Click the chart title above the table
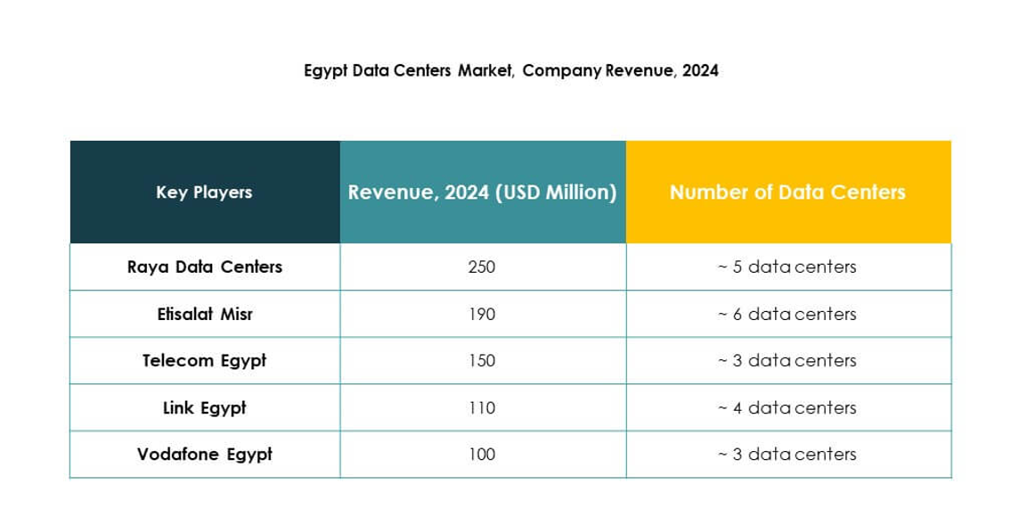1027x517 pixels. click(x=511, y=70)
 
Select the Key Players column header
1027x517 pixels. click(x=204, y=193)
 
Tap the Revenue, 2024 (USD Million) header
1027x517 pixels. click(x=482, y=193)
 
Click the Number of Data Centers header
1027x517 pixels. click(x=787, y=193)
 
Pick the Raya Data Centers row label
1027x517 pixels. click(x=205, y=267)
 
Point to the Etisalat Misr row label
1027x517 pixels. click(x=205, y=314)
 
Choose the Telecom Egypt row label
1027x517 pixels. click(x=205, y=361)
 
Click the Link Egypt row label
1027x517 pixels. click(x=205, y=408)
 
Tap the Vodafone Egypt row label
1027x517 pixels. click(x=205, y=455)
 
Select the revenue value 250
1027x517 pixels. click(x=482, y=267)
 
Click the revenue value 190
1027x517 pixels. click(x=482, y=315)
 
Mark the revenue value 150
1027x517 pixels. click(x=482, y=361)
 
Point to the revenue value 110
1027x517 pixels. click(x=482, y=408)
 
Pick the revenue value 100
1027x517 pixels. click(x=482, y=455)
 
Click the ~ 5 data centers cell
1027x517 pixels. click(x=787, y=267)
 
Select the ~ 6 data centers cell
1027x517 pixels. click(x=787, y=315)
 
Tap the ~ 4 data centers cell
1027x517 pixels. click(x=787, y=408)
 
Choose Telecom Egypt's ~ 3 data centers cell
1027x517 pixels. click(x=787, y=361)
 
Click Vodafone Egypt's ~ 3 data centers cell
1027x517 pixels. click(x=787, y=455)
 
